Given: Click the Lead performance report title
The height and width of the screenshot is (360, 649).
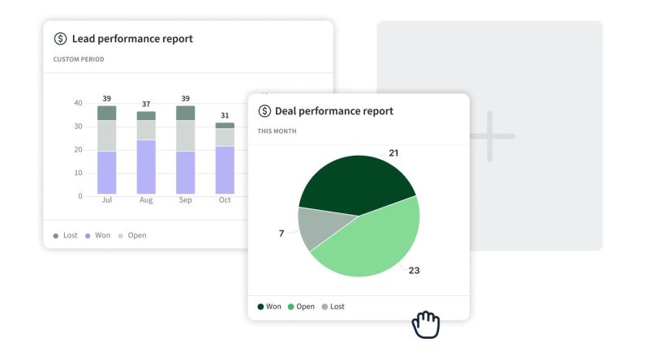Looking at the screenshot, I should pos(132,39).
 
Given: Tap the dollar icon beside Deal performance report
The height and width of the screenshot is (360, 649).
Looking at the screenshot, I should pos(264,111).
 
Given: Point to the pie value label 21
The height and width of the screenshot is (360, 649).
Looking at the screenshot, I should pos(393,152).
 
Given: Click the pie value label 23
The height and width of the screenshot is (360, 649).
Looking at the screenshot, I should pos(414,270).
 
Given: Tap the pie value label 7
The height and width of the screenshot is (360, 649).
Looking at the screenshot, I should pos(282,234).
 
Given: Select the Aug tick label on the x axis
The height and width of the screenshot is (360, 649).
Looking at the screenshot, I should pos(146,200).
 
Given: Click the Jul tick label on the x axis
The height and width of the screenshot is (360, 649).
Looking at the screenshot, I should pos(106,200).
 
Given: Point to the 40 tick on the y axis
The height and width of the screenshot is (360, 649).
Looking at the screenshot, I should pos(78,103).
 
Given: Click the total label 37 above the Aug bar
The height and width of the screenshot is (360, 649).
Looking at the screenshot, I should pos(146,104).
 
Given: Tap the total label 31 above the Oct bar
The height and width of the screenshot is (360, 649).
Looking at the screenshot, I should pos(225,115).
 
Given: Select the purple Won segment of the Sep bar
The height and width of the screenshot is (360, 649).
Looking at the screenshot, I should pos(186,172).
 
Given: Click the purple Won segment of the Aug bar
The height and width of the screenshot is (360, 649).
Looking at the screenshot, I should pos(146,166).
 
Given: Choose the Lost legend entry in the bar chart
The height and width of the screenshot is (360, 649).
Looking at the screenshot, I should pos(66,235).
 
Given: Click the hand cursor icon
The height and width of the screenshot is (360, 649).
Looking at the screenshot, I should pos(426,324).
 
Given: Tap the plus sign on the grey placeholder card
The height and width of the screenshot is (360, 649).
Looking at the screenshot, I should pos(489,135).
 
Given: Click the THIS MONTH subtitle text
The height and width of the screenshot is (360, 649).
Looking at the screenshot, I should pos(277,131).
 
